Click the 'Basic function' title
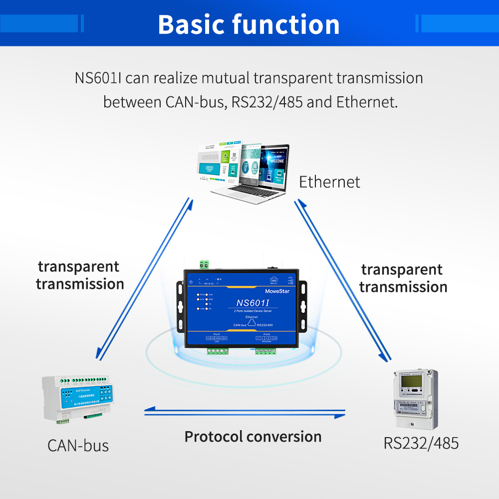coord(249,24)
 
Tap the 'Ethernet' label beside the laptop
coord(329,182)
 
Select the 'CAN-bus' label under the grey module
coord(78,445)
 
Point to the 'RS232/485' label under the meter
coord(421,443)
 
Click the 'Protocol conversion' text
coord(253,437)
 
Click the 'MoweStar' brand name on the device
coord(279,289)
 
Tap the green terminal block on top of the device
coord(204,264)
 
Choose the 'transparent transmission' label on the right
coord(403,278)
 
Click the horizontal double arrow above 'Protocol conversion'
coord(245,412)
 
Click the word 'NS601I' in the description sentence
coord(99,78)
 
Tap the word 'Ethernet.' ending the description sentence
coord(367,102)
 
